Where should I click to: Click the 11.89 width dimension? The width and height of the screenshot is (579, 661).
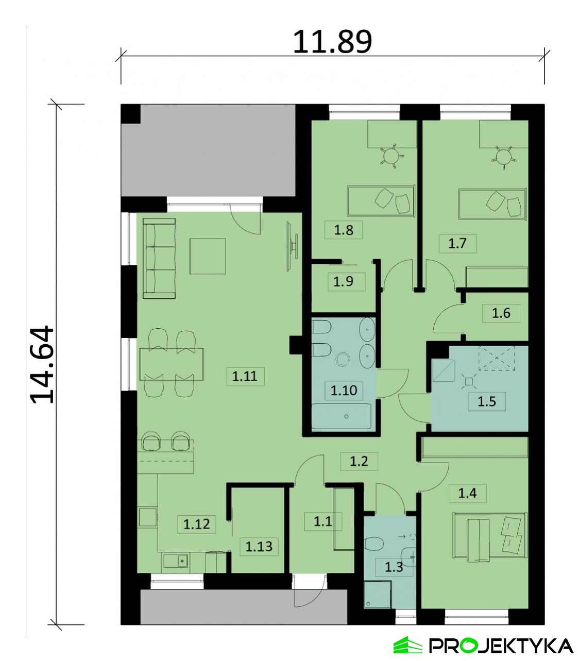[332, 42]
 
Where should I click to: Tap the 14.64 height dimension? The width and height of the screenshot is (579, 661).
[42, 365]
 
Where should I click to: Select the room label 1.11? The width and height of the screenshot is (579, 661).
[245, 377]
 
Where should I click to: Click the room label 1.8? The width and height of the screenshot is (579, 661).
[344, 230]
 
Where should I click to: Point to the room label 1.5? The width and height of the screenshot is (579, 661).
[487, 402]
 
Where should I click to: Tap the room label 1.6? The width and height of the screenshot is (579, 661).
[501, 313]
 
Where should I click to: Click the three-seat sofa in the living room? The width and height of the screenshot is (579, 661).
[159, 259]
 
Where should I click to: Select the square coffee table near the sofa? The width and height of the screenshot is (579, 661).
[208, 256]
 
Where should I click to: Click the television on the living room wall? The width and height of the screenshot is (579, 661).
[291, 246]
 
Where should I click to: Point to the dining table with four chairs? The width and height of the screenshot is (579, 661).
[172, 364]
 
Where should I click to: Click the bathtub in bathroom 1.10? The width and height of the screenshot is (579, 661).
[341, 416]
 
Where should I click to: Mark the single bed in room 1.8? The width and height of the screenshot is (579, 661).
[381, 200]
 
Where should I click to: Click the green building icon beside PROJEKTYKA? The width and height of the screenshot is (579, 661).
[408, 636]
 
